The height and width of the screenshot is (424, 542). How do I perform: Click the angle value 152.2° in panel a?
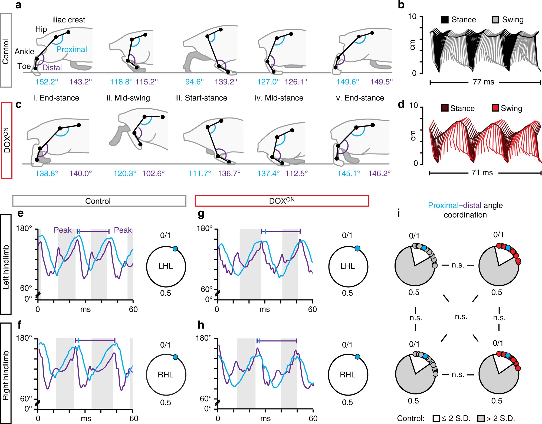click(x=47, y=81)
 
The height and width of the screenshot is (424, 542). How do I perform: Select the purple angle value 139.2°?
click(x=226, y=81)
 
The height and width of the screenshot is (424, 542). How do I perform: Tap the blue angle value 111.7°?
click(x=200, y=173)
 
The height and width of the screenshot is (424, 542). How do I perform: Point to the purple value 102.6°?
click(x=153, y=173)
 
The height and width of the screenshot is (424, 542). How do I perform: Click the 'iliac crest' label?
click(x=68, y=20)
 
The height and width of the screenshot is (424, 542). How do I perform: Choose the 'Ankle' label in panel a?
click(x=24, y=51)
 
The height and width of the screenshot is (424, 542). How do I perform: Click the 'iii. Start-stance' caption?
click(x=201, y=98)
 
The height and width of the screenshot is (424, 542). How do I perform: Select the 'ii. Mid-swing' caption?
click(x=128, y=98)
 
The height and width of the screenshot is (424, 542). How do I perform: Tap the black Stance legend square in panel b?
click(x=445, y=20)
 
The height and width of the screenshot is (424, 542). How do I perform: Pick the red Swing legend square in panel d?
click(x=495, y=108)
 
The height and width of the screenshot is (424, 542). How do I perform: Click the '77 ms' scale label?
click(x=483, y=82)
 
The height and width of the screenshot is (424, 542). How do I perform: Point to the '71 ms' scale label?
click(x=482, y=172)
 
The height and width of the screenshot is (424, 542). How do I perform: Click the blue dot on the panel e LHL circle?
click(x=175, y=249)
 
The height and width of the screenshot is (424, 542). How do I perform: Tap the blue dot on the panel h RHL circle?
click(x=357, y=357)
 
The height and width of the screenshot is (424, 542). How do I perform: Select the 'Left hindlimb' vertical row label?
click(x=6, y=267)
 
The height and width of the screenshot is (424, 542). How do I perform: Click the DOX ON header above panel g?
click(x=282, y=201)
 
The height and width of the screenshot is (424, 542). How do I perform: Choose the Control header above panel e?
click(x=98, y=201)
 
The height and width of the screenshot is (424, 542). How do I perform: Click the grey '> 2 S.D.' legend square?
click(x=481, y=418)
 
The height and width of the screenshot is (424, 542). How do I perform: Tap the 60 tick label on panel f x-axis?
click(x=134, y=418)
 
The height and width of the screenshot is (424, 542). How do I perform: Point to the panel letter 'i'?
click(x=398, y=213)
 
